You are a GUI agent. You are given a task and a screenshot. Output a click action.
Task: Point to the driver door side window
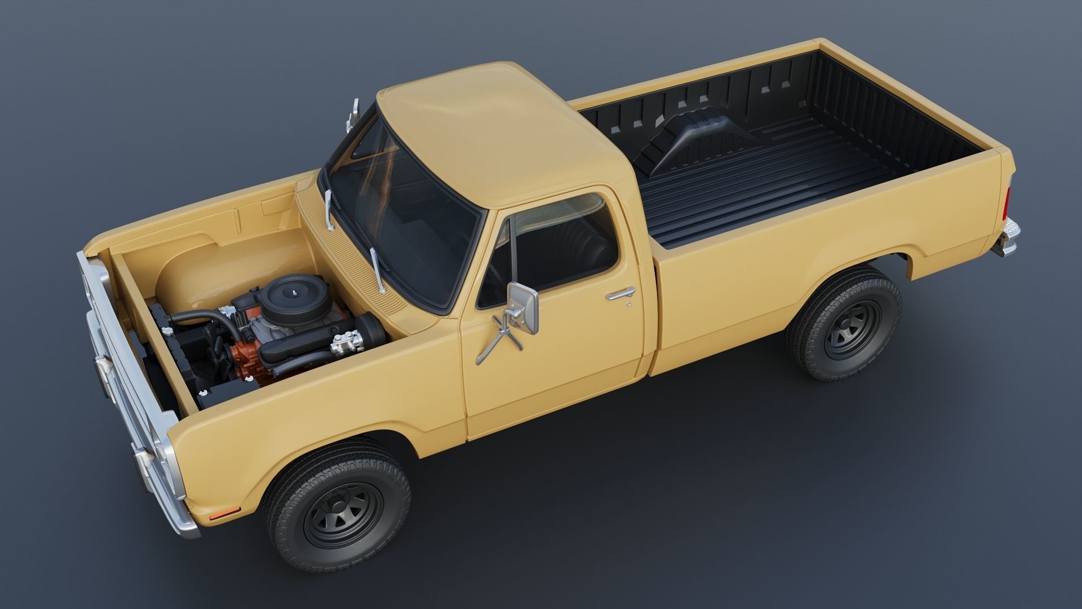tap(558, 248)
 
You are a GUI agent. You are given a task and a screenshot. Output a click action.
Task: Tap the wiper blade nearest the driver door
tap(378, 271)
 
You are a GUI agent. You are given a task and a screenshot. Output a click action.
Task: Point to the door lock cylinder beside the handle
tap(629, 304)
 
